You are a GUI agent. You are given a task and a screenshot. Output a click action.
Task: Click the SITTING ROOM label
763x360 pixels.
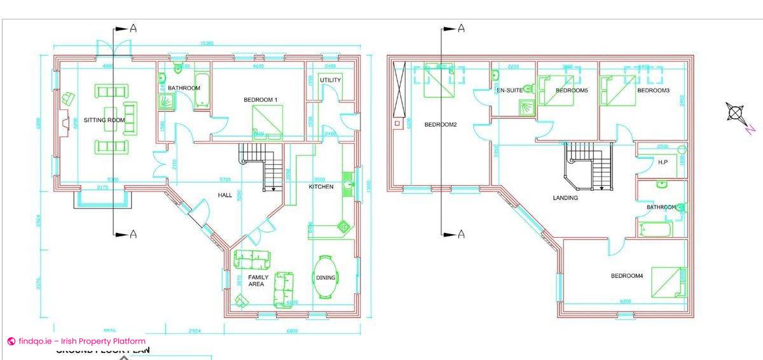click(104, 120)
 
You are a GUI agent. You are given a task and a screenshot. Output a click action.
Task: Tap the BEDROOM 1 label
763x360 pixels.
click(261, 100)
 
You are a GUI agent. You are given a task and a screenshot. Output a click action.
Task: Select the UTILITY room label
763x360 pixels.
click(331, 80)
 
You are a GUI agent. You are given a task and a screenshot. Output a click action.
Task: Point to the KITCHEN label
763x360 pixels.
click(321, 186)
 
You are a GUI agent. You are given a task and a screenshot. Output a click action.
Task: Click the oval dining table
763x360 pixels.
click(326, 277)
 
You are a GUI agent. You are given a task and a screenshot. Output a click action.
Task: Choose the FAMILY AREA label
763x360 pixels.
click(258, 280)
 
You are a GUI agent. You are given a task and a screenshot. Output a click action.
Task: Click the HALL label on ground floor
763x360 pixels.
click(225, 195)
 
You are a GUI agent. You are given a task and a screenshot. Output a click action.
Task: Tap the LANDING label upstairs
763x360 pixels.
click(565, 198)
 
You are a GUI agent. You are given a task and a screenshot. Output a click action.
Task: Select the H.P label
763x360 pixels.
click(663, 162)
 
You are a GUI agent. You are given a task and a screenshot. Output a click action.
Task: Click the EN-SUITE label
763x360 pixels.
click(509, 90)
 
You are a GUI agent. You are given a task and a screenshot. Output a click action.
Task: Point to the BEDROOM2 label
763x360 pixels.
click(441, 125)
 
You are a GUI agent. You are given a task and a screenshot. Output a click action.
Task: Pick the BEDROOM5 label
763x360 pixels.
click(572, 90)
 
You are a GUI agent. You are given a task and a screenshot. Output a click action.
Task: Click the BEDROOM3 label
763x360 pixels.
click(653, 90)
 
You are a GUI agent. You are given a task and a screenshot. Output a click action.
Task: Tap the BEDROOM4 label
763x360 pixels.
click(627, 275)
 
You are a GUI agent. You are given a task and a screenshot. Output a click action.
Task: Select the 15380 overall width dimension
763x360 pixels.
click(206, 43)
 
